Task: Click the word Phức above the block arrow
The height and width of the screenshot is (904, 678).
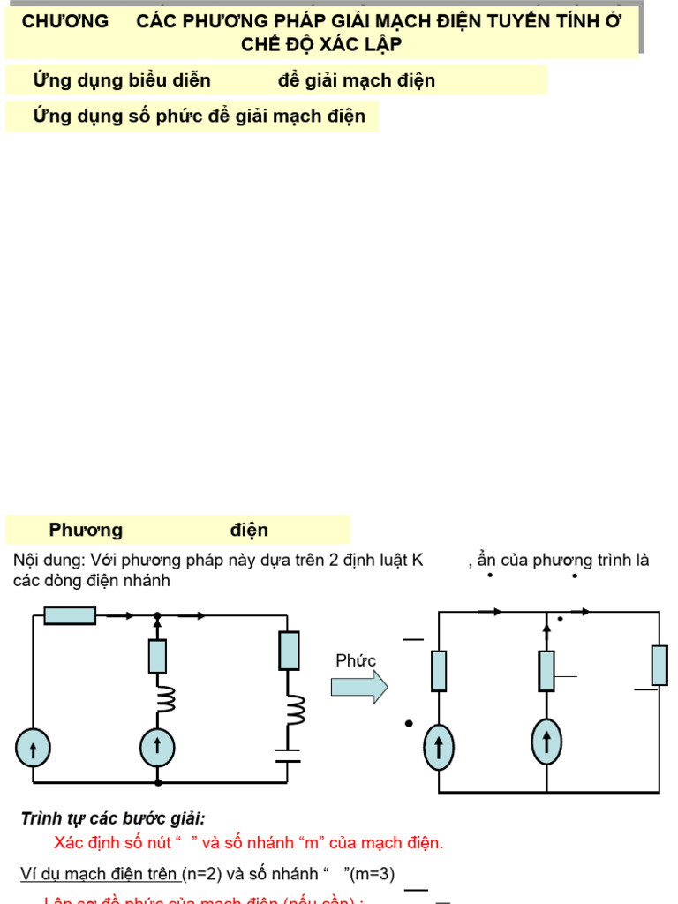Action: click(356, 661)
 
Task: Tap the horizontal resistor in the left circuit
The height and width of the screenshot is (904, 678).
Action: click(70, 615)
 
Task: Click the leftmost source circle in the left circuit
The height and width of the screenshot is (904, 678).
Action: click(33, 750)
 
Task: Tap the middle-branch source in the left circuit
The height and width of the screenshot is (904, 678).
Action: click(158, 747)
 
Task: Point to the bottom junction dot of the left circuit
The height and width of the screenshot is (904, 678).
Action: click(158, 782)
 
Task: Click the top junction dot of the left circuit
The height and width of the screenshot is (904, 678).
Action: click(158, 615)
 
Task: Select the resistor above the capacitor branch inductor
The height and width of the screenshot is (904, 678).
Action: click(289, 651)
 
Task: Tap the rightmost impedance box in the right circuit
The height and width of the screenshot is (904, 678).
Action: click(659, 665)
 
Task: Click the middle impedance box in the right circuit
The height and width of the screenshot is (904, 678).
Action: click(547, 671)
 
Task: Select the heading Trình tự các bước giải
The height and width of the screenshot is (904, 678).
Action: click(113, 819)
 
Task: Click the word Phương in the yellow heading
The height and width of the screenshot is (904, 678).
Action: click(86, 531)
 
